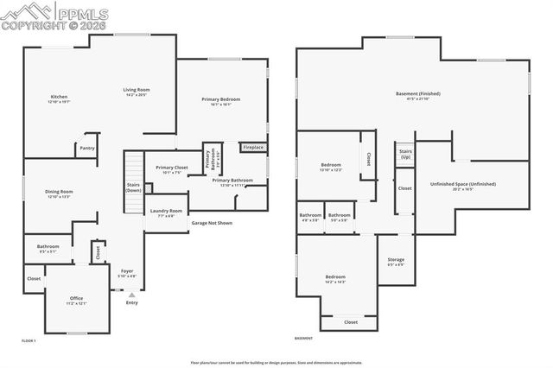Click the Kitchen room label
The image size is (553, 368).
[59, 97]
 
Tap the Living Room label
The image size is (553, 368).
[137, 90]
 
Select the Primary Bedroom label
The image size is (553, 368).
[221, 99]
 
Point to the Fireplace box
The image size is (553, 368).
[252, 148]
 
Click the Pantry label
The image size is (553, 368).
[87, 148]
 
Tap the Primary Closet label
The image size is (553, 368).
[171, 168]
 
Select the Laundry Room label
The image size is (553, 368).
[166, 211]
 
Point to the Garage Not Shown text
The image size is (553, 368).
[212, 223]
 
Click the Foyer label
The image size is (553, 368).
[127, 271]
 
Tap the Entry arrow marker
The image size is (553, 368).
[131, 295]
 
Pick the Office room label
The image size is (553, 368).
[77, 299]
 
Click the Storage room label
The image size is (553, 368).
[396, 260]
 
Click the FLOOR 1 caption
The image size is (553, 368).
[29, 341]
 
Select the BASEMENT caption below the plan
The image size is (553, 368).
[303, 338]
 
